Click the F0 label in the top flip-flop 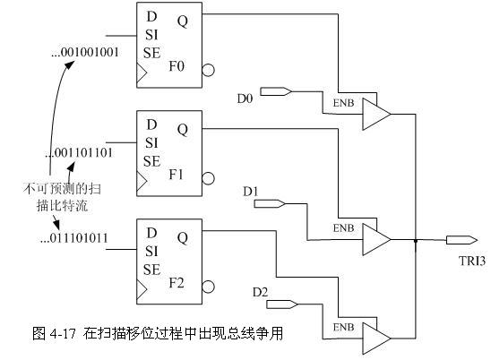coord(177,66)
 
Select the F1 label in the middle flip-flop coord(176,175)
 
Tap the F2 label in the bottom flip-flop coord(177,283)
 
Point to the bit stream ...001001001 coord(85,52)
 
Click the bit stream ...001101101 coord(79,153)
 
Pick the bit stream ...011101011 coord(74,238)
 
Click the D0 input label coord(245,99)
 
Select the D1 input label coord(251,192)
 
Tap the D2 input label coord(260,292)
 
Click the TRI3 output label coord(472,261)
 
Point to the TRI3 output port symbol coord(461,240)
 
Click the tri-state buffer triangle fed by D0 coord(376,115)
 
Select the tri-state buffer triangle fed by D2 coord(376,339)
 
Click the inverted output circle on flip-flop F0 coord(208,70)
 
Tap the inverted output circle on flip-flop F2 coord(208,287)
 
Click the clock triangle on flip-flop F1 coord(142,181)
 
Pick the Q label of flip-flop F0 coord(183,21)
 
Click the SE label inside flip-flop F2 coord(152,270)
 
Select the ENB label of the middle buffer coord(343,228)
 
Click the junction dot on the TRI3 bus coord(416,241)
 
